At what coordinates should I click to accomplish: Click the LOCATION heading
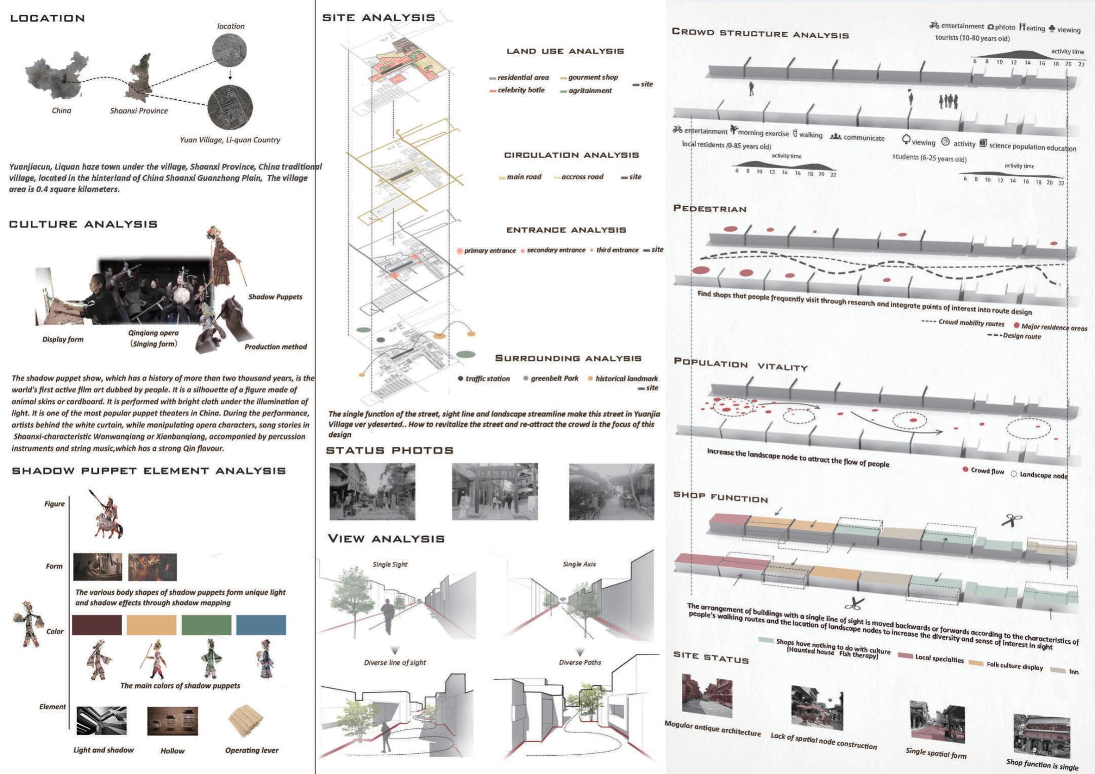coord(48,19)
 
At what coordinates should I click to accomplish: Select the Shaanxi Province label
coord(139,111)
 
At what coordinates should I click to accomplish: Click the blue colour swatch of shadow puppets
coord(261,625)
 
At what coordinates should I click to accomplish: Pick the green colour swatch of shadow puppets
coord(206,625)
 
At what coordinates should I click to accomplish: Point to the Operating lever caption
coord(252,750)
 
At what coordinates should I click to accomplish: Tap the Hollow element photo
coord(172,721)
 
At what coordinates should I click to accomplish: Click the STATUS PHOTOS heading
coord(390,451)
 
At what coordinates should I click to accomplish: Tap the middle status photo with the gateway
coord(495,491)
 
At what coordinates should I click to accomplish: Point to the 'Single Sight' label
coord(390,564)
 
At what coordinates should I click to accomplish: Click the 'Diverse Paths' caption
coord(580,662)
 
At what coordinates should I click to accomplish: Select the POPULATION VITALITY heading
coord(740,364)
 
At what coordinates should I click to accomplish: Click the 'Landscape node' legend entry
coord(1043,475)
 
